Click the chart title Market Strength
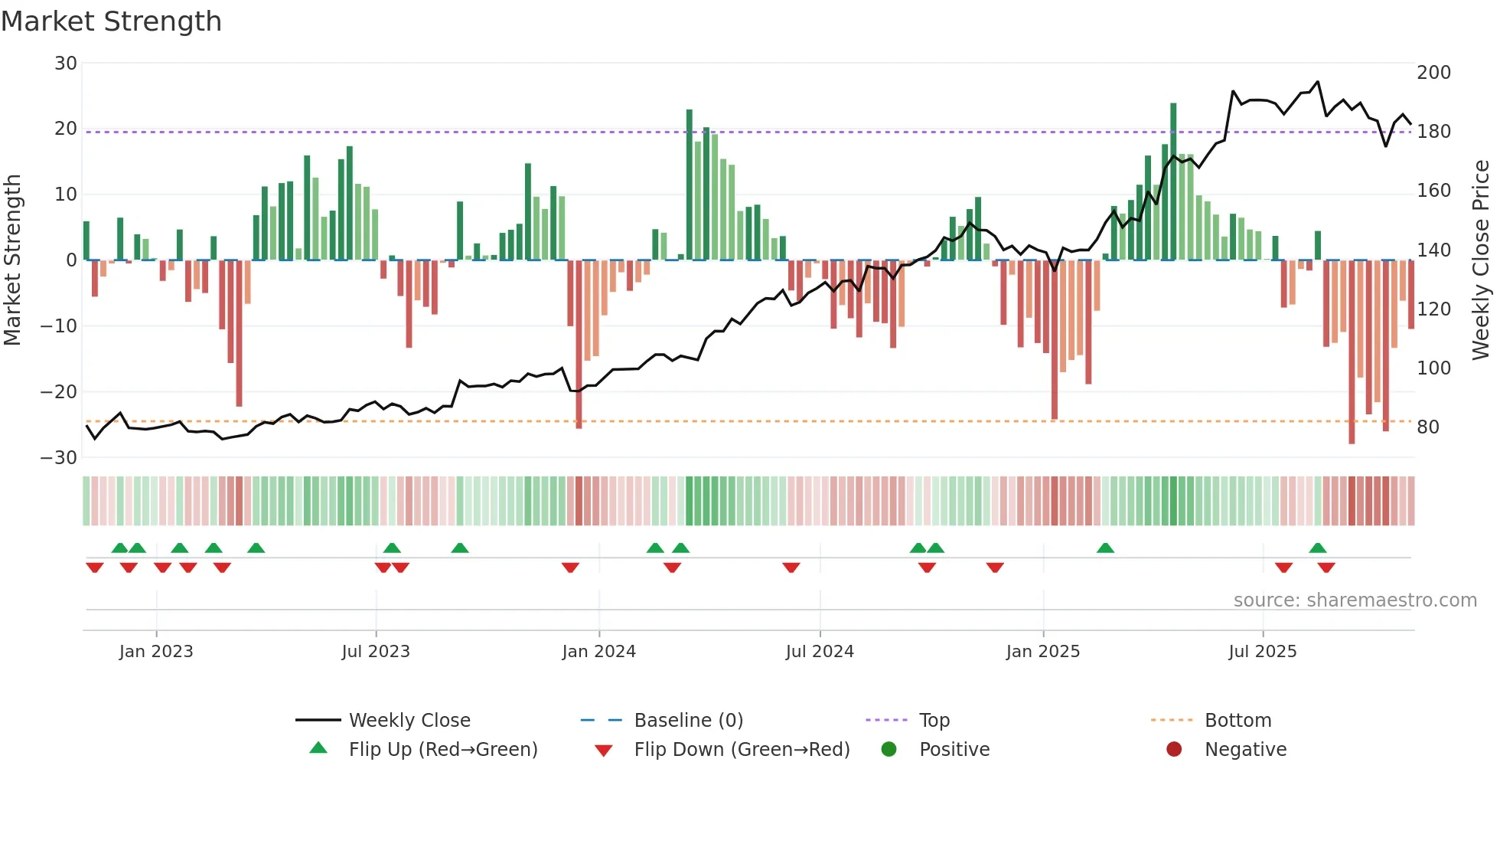click(x=111, y=21)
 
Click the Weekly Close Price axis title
click(x=1482, y=260)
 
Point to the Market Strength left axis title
click(x=12, y=260)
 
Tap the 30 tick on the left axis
click(x=66, y=64)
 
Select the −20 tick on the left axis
click(x=59, y=392)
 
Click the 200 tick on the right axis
click(x=1433, y=73)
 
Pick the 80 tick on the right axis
click(x=1428, y=427)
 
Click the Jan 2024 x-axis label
click(x=598, y=652)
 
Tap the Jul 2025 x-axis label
click(x=1262, y=652)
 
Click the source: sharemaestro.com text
click(x=1355, y=600)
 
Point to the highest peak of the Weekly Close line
click(x=1318, y=82)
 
